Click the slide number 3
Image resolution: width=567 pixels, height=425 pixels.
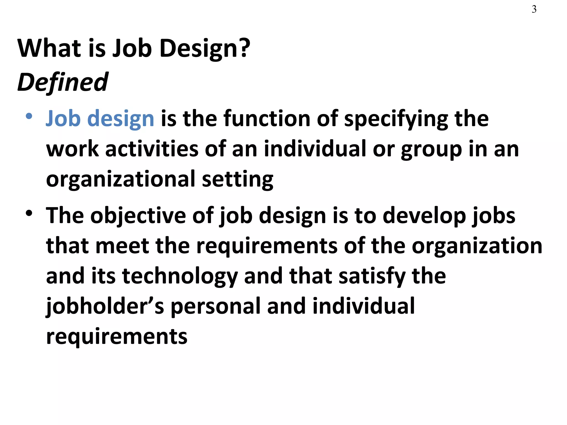[534, 9]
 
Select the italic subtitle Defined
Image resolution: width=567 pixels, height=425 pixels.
[63, 82]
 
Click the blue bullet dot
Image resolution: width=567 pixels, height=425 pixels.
[29, 116]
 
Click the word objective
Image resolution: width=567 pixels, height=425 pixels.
[138, 216]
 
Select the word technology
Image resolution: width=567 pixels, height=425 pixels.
[180, 276]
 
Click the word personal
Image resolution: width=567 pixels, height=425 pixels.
[215, 307]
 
